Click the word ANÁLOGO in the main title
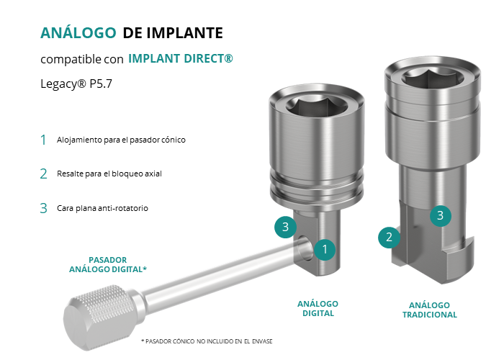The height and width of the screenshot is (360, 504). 78,33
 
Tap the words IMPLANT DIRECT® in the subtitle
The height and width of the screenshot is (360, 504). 180,58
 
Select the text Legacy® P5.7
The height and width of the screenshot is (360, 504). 76,84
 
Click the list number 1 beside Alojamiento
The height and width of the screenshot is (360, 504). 43,140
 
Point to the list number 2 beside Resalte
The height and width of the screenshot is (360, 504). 43,174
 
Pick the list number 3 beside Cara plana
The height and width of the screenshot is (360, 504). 43,208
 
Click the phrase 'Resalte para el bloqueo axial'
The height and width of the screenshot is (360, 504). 109,174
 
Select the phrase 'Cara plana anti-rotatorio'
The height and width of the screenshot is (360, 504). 102,208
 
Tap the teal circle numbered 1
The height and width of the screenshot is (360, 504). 325,249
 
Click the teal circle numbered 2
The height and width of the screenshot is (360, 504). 389,237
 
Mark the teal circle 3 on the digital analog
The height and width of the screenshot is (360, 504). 285,227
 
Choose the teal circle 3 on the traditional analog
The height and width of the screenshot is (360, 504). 441,215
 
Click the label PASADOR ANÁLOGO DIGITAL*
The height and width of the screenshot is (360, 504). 108,264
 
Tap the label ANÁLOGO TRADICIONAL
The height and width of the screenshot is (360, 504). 429,310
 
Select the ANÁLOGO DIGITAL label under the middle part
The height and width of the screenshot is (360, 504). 318,309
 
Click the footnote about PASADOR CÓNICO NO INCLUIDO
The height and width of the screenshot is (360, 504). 207,341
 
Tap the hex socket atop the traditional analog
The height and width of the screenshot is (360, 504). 432,77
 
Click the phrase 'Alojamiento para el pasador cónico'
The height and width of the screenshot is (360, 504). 121,140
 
